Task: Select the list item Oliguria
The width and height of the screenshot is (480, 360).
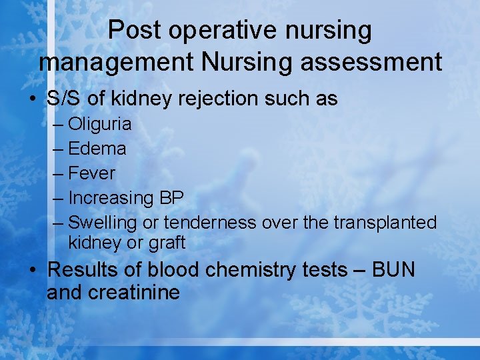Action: coord(100,124)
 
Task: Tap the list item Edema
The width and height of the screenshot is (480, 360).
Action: coord(97,149)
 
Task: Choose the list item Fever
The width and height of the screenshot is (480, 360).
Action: coord(92,173)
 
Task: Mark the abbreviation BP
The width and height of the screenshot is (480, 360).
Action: coord(171,198)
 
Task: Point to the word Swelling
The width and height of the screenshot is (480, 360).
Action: coord(103,223)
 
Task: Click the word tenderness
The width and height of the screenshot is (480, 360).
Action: coord(210,223)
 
